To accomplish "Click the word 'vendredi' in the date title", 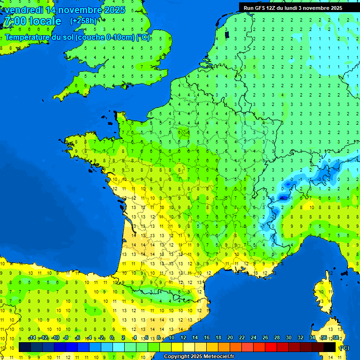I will click(x=23, y=10).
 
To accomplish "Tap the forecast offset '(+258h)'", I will click(x=83, y=21).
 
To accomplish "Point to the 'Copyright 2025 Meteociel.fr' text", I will click(x=199, y=356).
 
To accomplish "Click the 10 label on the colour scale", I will click(x=171, y=337).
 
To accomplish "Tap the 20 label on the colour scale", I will click(x=230, y=337).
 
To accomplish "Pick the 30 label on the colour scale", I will click(x=288, y=337).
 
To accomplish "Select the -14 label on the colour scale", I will click(x=32, y=337).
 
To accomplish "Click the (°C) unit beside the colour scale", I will click(x=344, y=348).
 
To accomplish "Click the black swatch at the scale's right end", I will click(x=330, y=347).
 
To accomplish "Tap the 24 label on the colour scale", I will click(x=253, y=337).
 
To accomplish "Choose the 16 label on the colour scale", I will click(x=206, y=337).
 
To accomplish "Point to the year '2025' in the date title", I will click(x=115, y=10).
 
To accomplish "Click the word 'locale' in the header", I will click(x=45, y=21).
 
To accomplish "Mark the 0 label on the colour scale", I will click(x=112, y=337).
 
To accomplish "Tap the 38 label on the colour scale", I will click(x=335, y=337).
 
